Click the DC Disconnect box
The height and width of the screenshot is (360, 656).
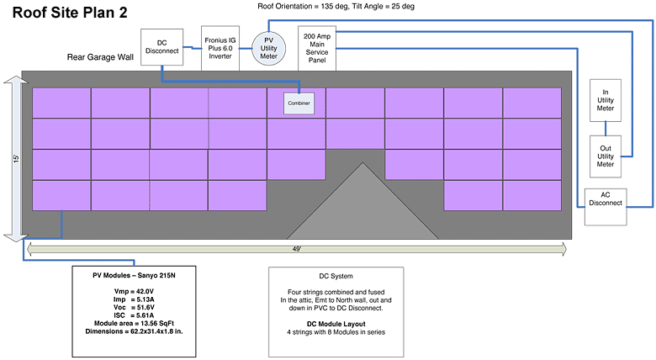coord(162,47)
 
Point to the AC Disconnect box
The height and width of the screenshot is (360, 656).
coord(606,207)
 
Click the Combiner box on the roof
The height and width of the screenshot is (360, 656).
coord(299,102)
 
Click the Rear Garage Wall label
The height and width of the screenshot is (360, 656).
coord(103,59)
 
